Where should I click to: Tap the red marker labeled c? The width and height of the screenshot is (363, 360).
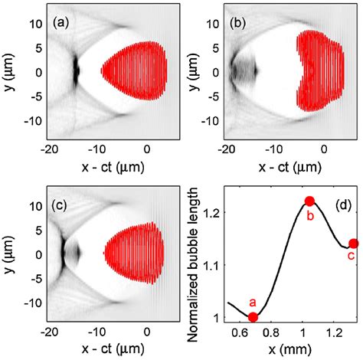pyautogui.click(x=353, y=244)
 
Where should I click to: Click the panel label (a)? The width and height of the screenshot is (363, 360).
pyautogui.click(x=63, y=21)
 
